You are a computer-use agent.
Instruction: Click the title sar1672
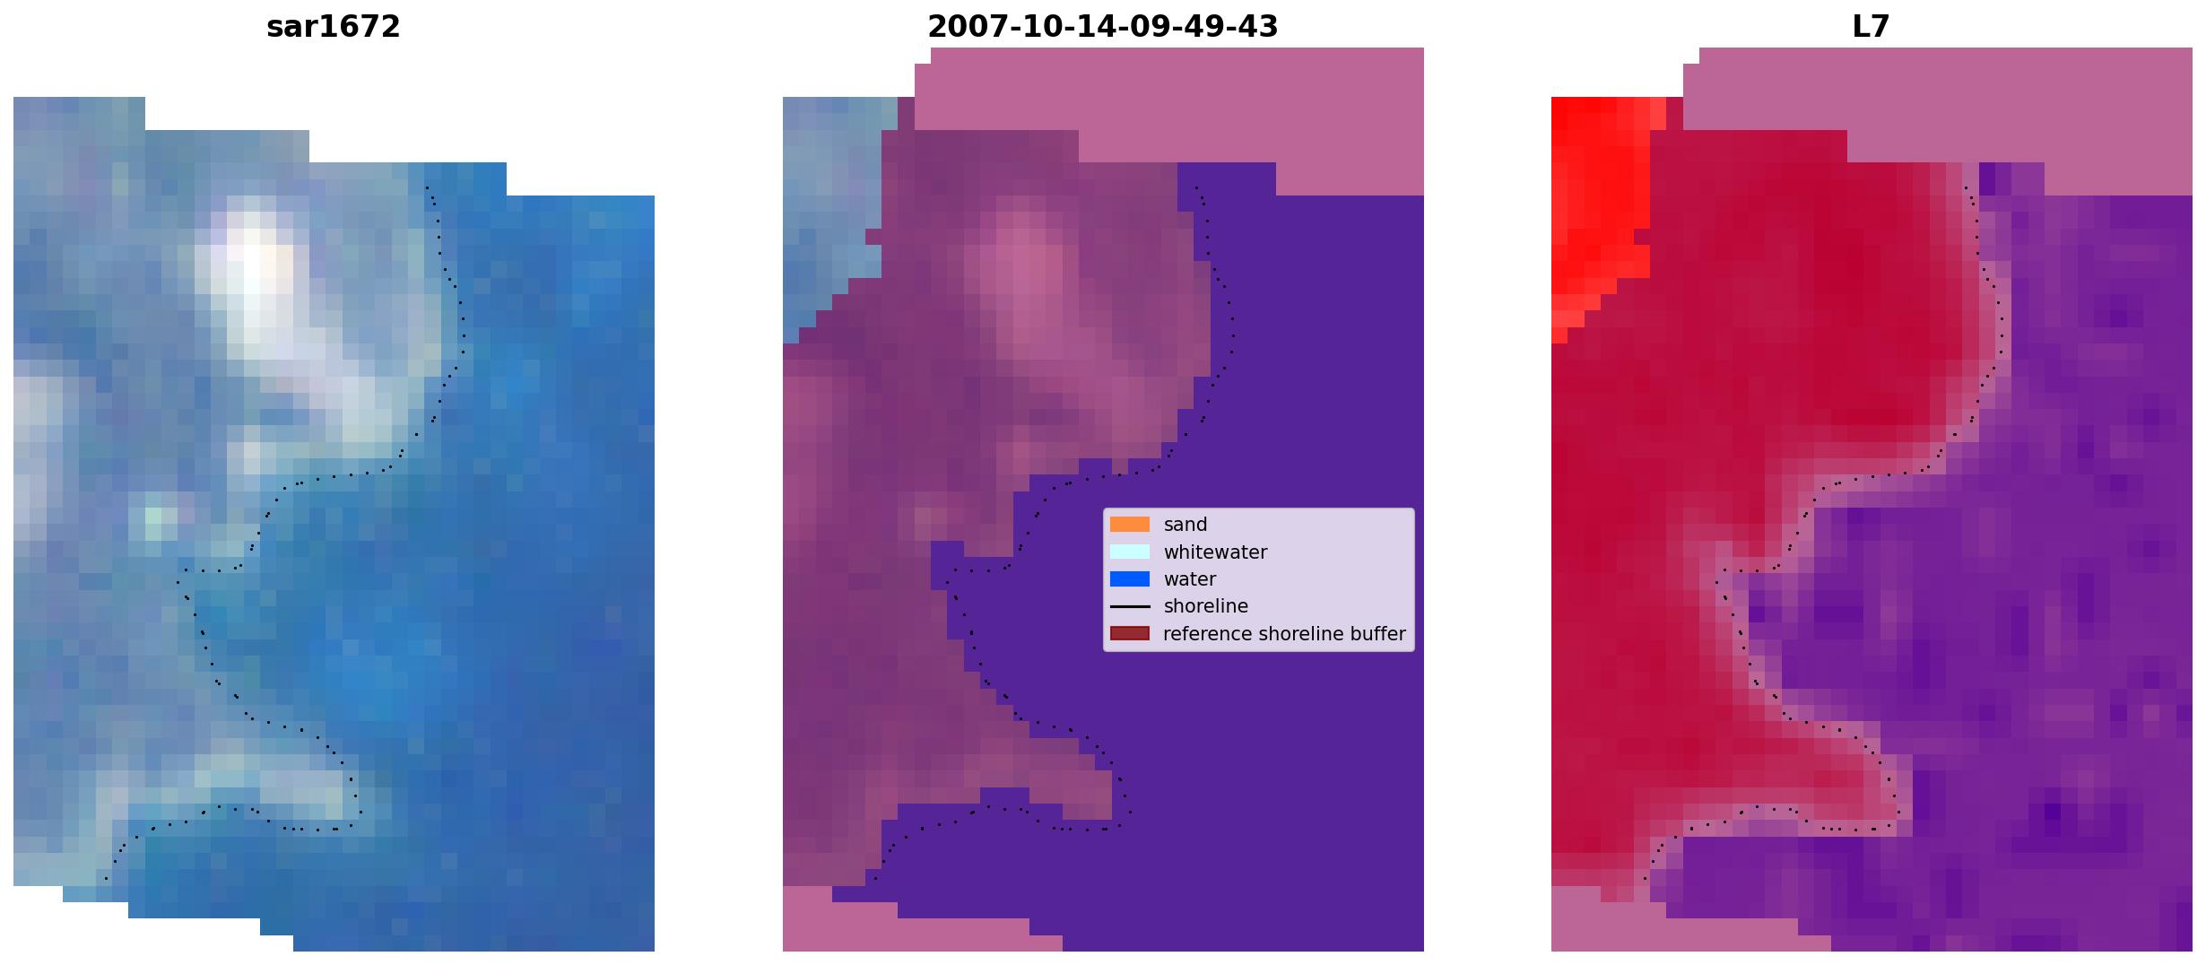pos(333,27)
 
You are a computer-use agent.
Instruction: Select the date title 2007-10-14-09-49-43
pos(1102,27)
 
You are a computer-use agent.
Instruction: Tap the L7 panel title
pos(1871,27)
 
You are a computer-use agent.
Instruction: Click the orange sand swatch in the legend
pos(1130,525)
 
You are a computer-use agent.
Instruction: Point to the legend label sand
pos(1186,525)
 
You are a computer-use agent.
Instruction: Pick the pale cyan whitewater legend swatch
pos(1130,552)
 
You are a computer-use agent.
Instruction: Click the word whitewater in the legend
pos(1215,552)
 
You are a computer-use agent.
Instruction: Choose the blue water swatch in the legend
pos(1130,579)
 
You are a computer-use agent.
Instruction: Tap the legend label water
pos(1190,579)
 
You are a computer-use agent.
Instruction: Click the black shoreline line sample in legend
pos(1130,606)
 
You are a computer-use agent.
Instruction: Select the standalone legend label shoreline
pos(1206,606)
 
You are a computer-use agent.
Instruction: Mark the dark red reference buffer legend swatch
pos(1130,633)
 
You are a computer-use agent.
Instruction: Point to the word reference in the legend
pos(1207,634)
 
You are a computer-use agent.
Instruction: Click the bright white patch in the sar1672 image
pos(255,269)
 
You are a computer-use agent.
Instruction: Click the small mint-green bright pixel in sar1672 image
pos(153,517)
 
